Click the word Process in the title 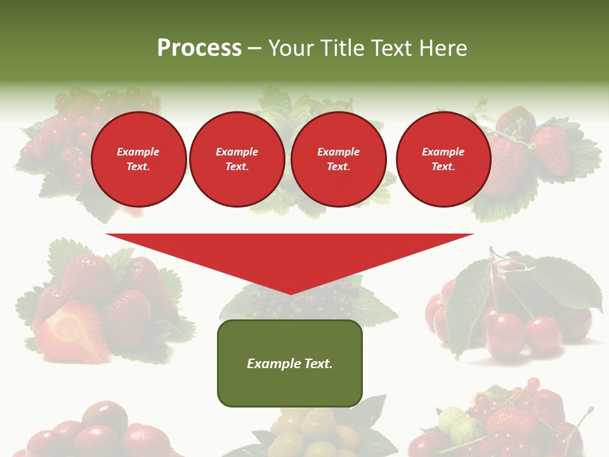(199, 48)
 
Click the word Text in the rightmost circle (443, 167)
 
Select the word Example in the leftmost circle (138, 152)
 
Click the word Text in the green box (318, 364)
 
